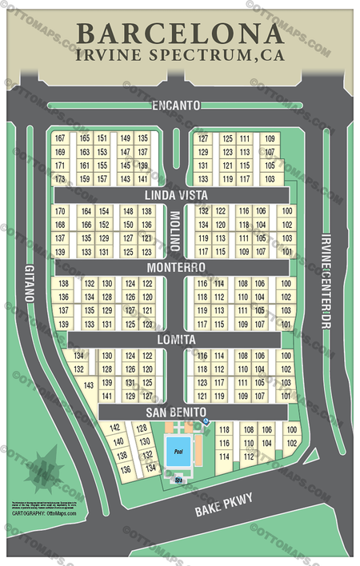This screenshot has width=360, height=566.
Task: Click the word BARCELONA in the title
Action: pos(179,34)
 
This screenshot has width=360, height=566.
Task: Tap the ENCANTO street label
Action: pos(175,105)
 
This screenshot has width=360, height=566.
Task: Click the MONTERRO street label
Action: pos(175,267)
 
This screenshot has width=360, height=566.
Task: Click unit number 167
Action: pos(60,138)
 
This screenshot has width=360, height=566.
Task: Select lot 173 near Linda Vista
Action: pos(60,179)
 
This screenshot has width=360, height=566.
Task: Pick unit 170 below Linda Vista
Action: pos(60,211)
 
